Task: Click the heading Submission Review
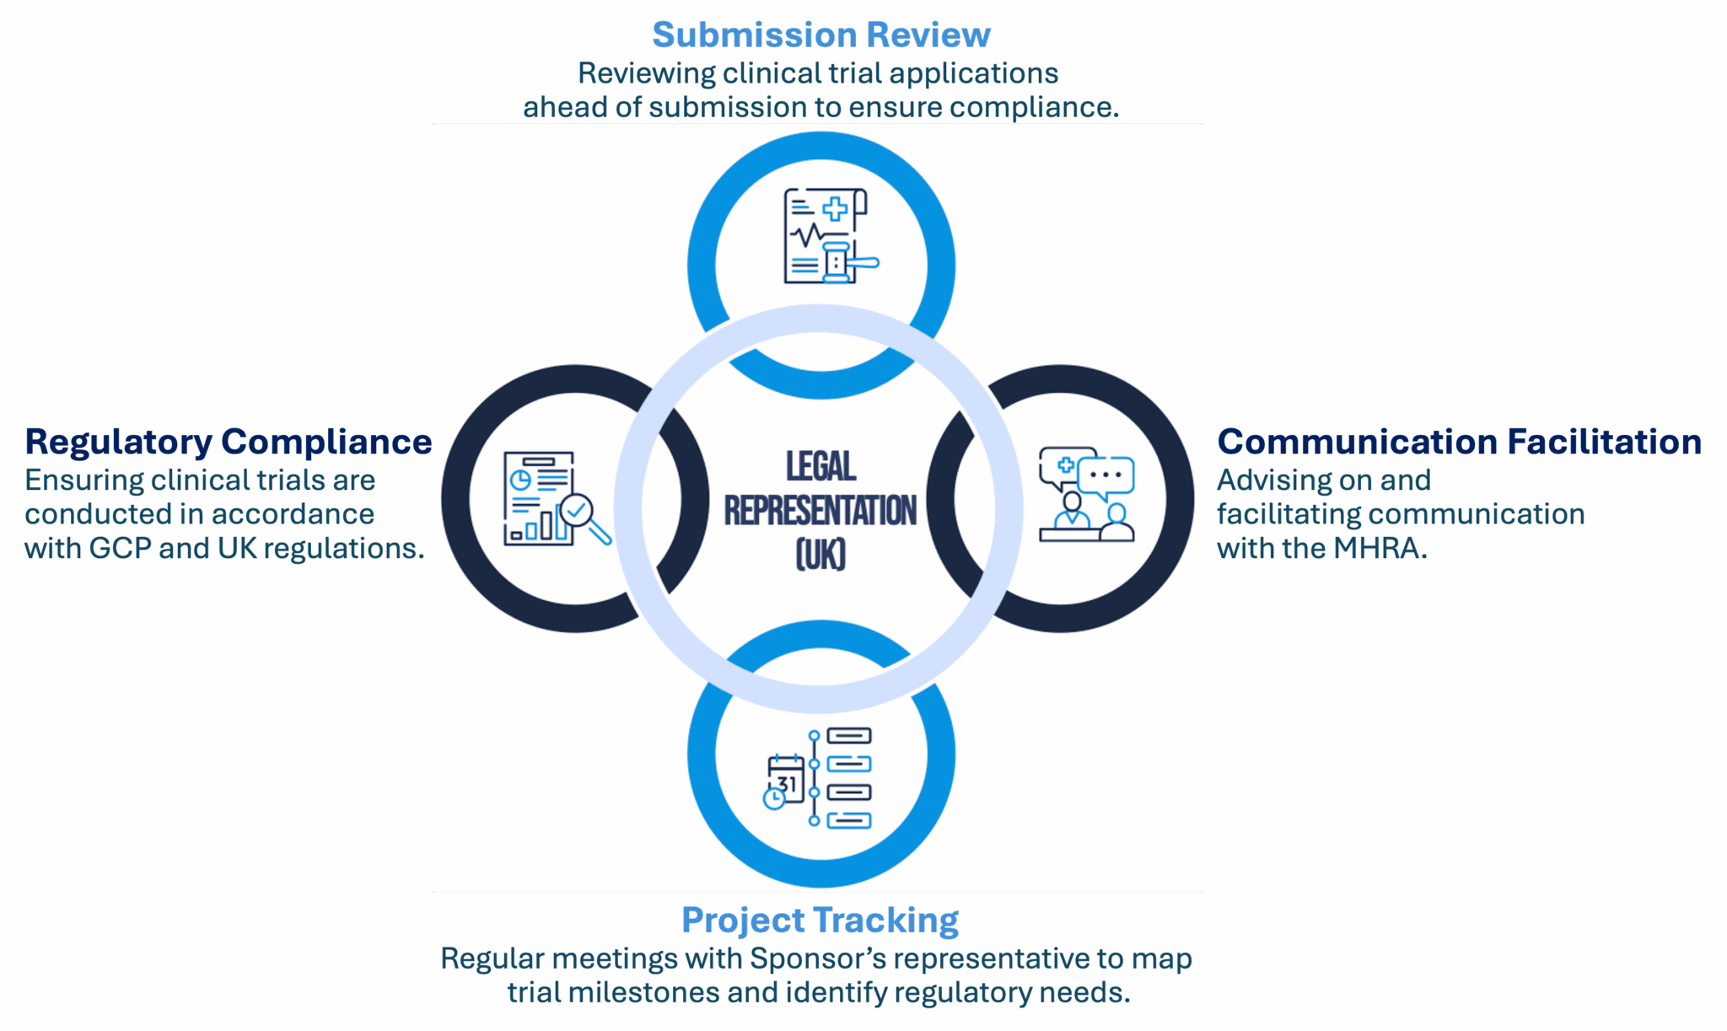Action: point(820,35)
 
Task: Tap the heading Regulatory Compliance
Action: point(228,442)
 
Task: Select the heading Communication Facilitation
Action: point(1459,442)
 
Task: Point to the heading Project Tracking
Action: point(820,921)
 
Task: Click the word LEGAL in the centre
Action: point(820,466)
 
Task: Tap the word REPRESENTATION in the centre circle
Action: point(820,511)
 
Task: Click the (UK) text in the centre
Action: point(820,555)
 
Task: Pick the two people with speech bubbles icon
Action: point(1086,494)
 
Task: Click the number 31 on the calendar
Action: point(787,784)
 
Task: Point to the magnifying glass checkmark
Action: point(578,509)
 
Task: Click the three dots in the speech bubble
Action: point(1106,475)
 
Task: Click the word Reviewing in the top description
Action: point(646,74)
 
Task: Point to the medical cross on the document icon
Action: point(835,209)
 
